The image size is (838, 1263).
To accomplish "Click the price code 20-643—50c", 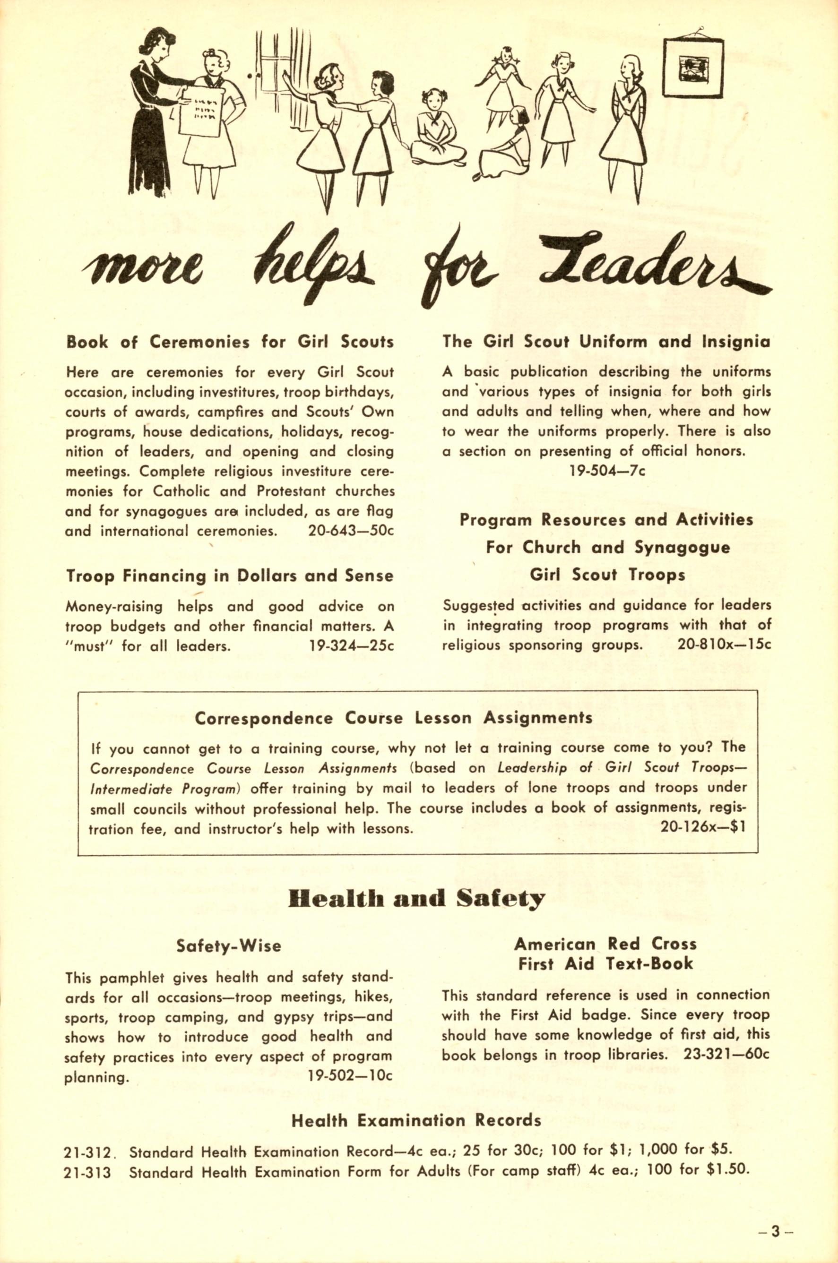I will [351, 532].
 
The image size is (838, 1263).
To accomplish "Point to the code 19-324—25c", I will [351, 646].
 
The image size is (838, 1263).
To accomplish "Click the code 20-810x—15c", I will [724, 645].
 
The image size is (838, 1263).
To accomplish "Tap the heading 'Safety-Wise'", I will [228, 945].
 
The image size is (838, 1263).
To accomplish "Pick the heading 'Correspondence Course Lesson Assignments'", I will [393, 718].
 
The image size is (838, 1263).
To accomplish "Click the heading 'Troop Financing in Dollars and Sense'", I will [229, 576].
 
